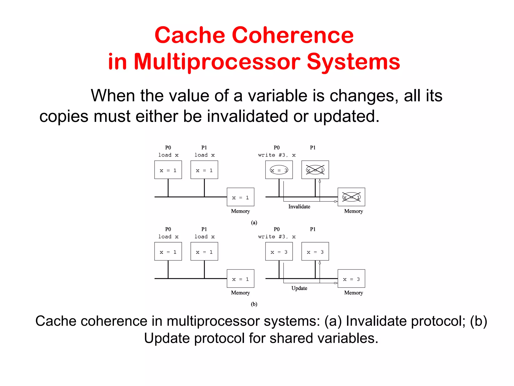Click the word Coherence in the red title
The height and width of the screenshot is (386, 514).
coord(292,35)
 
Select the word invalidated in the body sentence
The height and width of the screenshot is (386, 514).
coord(247,116)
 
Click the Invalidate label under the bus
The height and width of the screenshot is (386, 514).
coord(299,207)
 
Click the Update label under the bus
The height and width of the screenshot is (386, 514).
coord(299,288)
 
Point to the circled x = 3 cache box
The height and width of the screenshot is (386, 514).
coord(279,170)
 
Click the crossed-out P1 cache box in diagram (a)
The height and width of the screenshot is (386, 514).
coord(315,170)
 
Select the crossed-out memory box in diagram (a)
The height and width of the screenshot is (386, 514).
coord(351,197)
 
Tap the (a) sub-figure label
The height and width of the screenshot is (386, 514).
coord(254,222)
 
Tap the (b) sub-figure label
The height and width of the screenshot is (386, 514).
coord(254,304)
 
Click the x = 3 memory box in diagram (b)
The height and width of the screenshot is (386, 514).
coord(351,279)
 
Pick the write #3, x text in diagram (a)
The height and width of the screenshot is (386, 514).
coord(277,155)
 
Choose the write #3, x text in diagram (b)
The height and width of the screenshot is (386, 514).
coord(277,237)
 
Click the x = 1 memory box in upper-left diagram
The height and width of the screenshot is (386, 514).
coord(240,197)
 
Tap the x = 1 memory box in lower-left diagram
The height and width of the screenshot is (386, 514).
coord(240,279)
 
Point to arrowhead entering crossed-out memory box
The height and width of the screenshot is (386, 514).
coord(336,201)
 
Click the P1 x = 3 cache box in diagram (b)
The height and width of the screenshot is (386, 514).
coord(315,252)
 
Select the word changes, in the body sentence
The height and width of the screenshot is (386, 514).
coord(364,96)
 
